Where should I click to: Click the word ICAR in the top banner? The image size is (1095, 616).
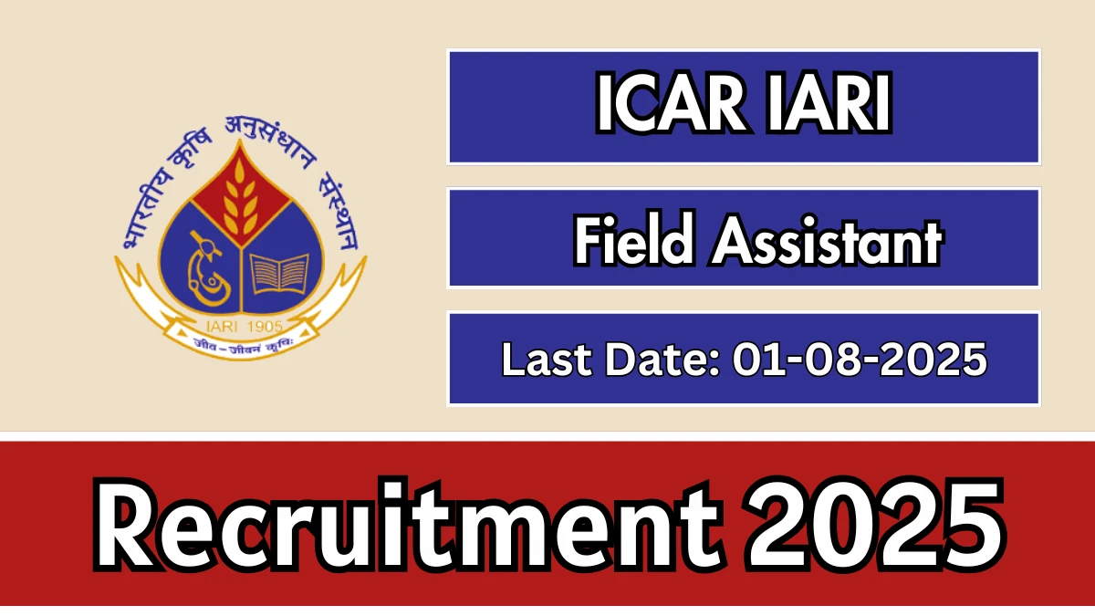(x=671, y=102)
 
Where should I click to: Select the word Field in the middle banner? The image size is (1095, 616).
(x=634, y=239)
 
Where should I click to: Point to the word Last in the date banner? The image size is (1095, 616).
(x=547, y=360)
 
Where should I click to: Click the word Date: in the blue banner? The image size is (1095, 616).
(x=662, y=360)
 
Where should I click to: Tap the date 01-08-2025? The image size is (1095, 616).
(x=860, y=360)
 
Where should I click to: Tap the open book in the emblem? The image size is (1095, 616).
(x=279, y=274)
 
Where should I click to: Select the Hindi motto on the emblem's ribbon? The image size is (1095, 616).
(x=243, y=345)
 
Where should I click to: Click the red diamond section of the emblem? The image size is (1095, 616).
(x=239, y=194)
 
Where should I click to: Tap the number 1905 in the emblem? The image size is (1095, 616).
(x=266, y=326)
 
